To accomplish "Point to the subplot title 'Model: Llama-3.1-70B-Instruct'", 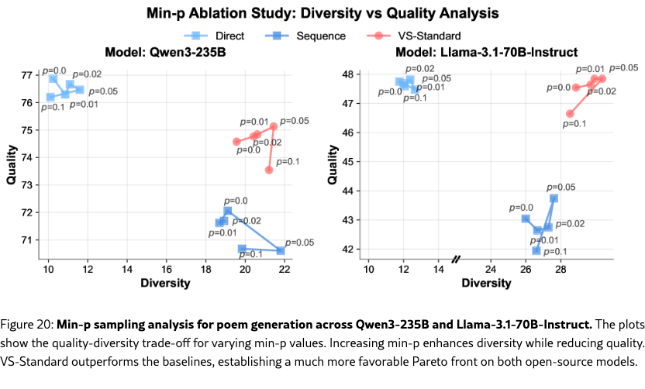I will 487,52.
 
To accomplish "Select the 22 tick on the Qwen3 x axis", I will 285,268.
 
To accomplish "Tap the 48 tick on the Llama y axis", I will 349,74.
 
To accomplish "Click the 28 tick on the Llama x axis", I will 560,268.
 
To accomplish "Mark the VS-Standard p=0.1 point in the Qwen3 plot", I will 269,170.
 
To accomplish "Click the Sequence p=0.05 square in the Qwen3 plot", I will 281,251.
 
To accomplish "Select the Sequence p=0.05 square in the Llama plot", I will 554,198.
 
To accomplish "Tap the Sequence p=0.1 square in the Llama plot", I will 536,250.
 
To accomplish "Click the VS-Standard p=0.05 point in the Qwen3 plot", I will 274,126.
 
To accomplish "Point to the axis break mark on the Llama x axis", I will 457,258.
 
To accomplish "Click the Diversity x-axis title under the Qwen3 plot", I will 164,283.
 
